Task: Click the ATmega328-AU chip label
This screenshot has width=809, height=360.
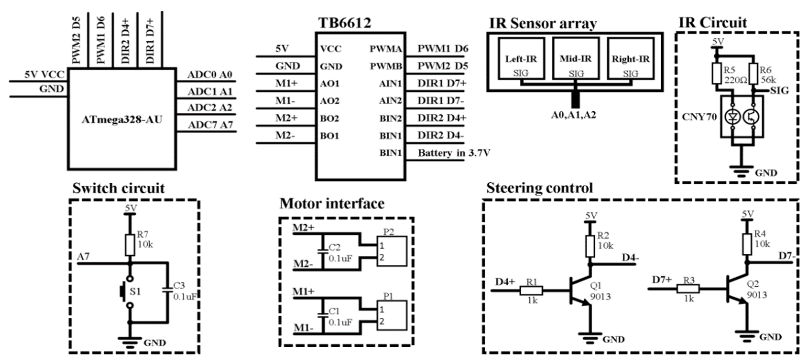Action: coord(122,120)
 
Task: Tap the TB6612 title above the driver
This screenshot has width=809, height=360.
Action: coord(345,23)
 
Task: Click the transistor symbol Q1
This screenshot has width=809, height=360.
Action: coord(579,290)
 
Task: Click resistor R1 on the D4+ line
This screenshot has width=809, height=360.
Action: coord(531,290)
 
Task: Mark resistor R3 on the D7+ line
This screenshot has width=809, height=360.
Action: coord(688,289)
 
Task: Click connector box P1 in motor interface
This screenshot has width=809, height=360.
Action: coord(392,315)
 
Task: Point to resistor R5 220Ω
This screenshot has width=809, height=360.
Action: coord(716,73)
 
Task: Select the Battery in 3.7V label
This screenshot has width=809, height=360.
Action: coord(454,153)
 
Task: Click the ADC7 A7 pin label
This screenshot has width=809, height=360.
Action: coord(210,125)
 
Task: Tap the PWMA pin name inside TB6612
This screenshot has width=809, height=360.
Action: coord(385,49)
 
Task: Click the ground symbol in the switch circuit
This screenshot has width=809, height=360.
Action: coord(129,342)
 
